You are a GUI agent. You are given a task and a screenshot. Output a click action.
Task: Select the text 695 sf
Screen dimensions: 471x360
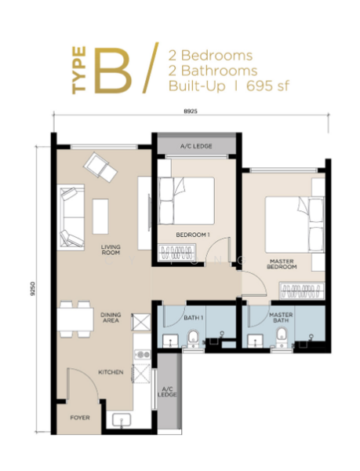point(269,86)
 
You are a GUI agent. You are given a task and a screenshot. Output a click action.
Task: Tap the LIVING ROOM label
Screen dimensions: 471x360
point(110,250)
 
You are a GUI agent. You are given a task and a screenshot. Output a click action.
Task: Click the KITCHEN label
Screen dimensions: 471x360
point(110,372)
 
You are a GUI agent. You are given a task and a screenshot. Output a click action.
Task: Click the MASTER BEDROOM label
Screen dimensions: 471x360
point(282,265)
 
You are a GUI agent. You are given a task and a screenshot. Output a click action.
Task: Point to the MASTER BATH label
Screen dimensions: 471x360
point(282,317)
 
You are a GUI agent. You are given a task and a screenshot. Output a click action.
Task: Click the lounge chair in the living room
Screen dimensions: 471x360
point(100,166)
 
